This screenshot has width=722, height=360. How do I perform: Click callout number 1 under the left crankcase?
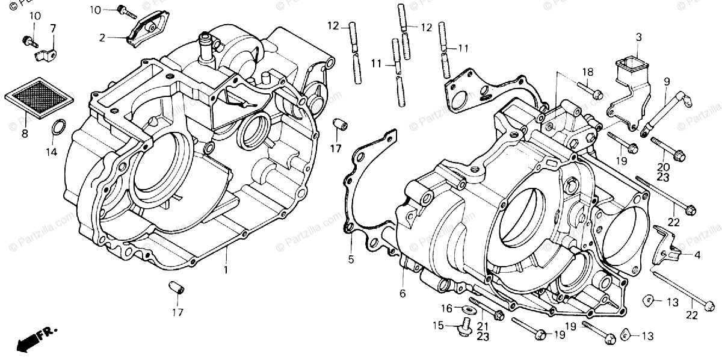(x=226, y=270)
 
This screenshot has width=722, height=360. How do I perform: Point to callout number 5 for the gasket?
(x=351, y=260)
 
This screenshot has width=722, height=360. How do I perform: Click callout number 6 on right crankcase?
(x=403, y=293)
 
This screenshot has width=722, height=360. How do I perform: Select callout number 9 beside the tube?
(x=667, y=81)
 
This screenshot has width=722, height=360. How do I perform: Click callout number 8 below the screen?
(x=25, y=134)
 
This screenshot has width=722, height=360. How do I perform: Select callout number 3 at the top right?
(x=638, y=37)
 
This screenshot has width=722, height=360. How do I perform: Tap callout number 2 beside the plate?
(x=102, y=37)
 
